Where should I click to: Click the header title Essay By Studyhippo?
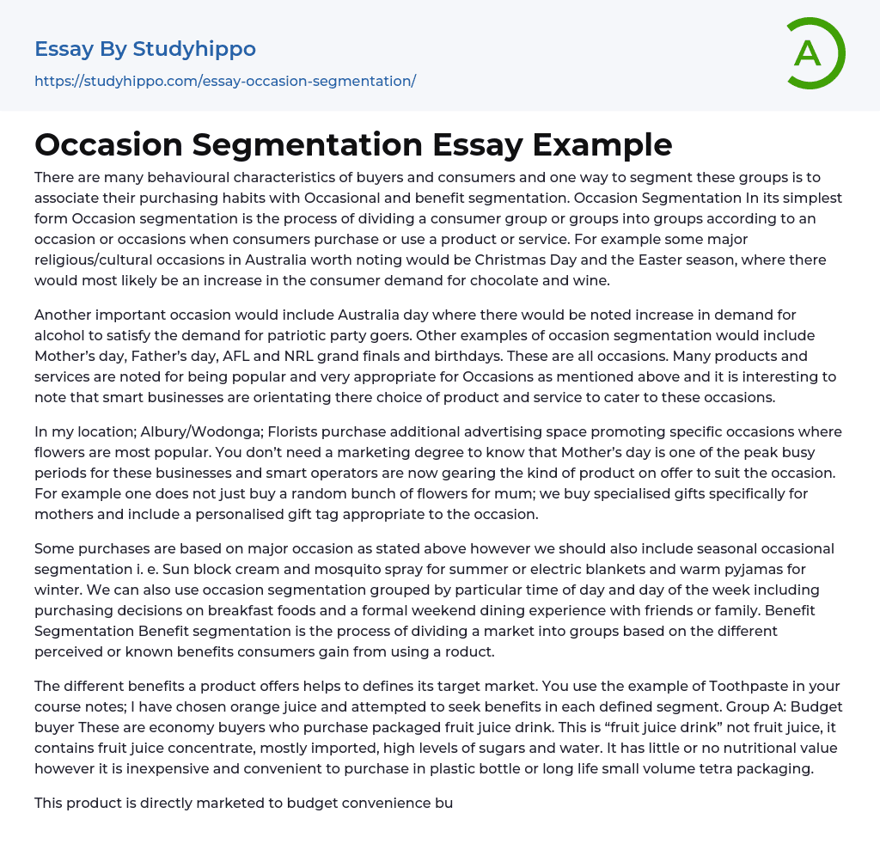click(145, 49)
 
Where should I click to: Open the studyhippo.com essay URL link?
click(225, 81)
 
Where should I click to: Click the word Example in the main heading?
click(602, 144)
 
